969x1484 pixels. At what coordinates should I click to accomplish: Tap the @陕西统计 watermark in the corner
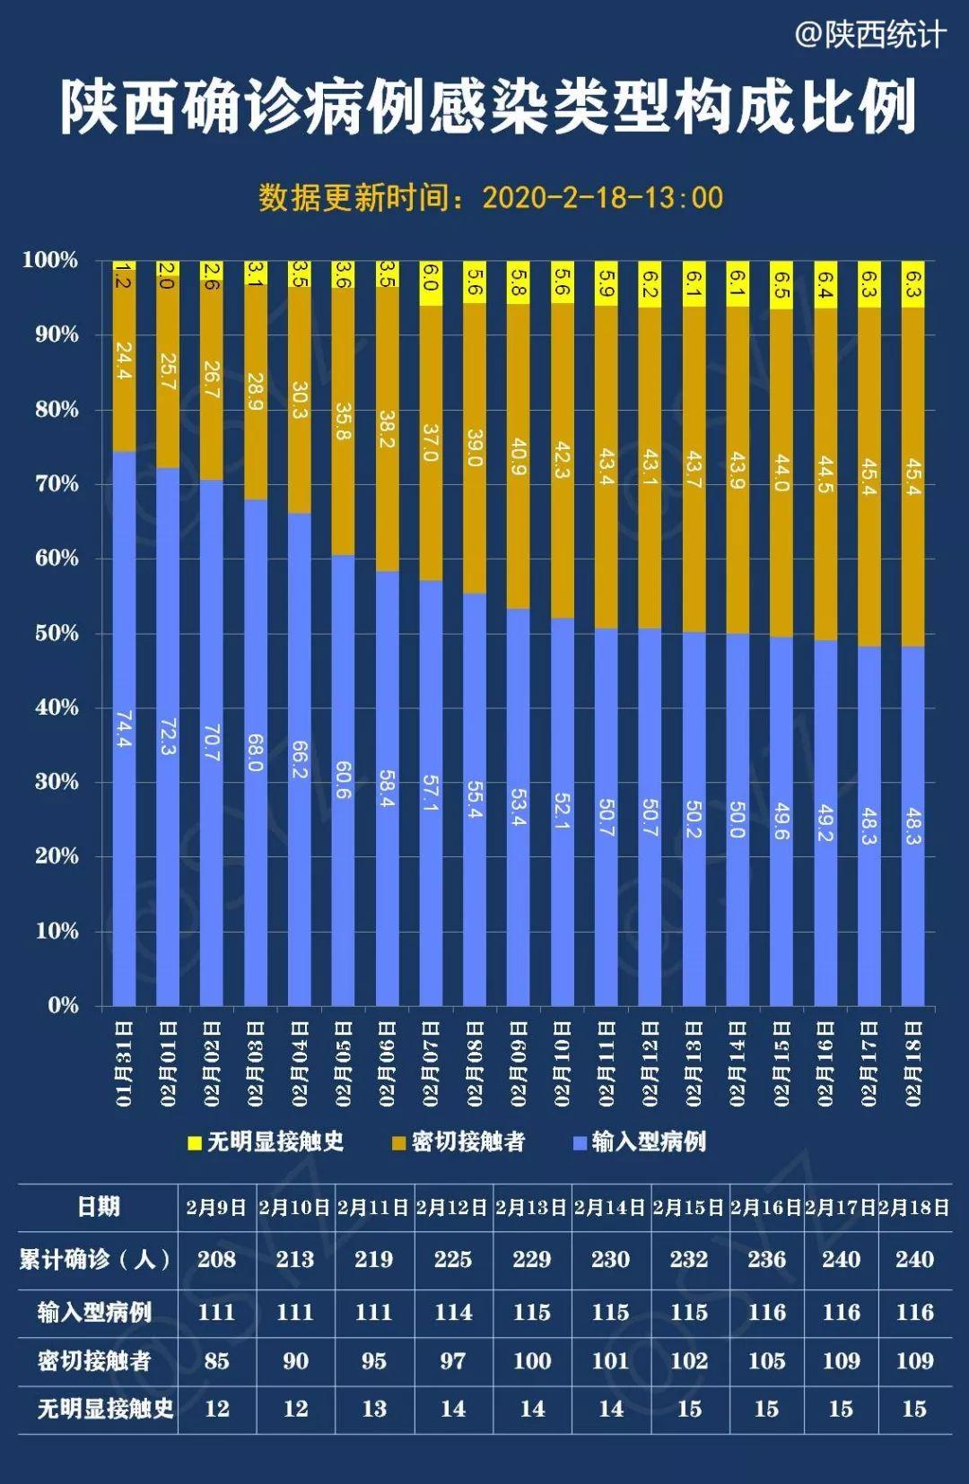(870, 35)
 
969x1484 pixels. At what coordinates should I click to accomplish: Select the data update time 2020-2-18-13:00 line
(491, 197)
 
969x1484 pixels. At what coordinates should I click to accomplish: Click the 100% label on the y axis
(50, 260)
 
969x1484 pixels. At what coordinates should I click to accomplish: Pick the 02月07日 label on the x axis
(431, 1063)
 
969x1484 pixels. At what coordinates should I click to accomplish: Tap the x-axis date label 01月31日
(124, 1063)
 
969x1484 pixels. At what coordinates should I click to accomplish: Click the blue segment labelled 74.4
(124, 728)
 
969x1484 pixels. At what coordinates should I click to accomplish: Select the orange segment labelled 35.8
(343, 421)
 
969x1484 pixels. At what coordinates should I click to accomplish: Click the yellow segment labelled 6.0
(431, 284)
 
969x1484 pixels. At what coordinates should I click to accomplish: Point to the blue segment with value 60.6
(343, 780)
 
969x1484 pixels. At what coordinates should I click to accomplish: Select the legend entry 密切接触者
(458, 1141)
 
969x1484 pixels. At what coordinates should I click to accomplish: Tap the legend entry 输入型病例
(639, 1141)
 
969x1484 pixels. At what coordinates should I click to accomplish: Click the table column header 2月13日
(531, 1207)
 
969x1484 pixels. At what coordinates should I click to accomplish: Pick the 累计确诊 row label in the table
(96, 1259)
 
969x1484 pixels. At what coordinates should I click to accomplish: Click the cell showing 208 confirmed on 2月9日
(216, 1259)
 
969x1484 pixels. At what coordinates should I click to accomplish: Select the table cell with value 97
(452, 1361)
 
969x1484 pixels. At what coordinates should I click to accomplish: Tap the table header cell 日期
(98, 1207)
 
